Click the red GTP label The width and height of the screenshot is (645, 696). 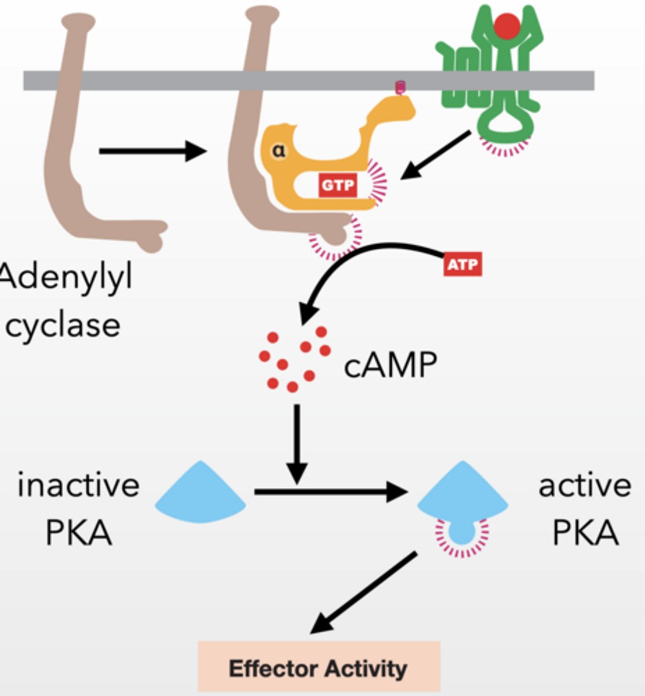pyautogui.click(x=337, y=186)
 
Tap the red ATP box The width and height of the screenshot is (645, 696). pyautogui.click(x=462, y=265)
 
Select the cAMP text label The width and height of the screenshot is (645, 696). pyautogui.click(x=390, y=365)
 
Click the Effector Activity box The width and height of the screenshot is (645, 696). pyautogui.click(x=319, y=667)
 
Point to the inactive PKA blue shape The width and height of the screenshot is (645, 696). pyautogui.click(x=201, y=493)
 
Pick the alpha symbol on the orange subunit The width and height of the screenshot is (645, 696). pyautogui.click(x=279, y=151)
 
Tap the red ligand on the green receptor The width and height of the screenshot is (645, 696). pyautogui.click(x=507, y=26)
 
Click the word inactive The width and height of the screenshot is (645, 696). pyautogui.click(x=78, y=485)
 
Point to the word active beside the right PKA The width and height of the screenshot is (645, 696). pyautogui.click(x=584, y=485)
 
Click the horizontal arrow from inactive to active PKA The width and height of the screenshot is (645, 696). pyautogui.click(x=330, y=492)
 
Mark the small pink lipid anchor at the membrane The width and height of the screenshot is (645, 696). pyautogui.click(x=400, y=88)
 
